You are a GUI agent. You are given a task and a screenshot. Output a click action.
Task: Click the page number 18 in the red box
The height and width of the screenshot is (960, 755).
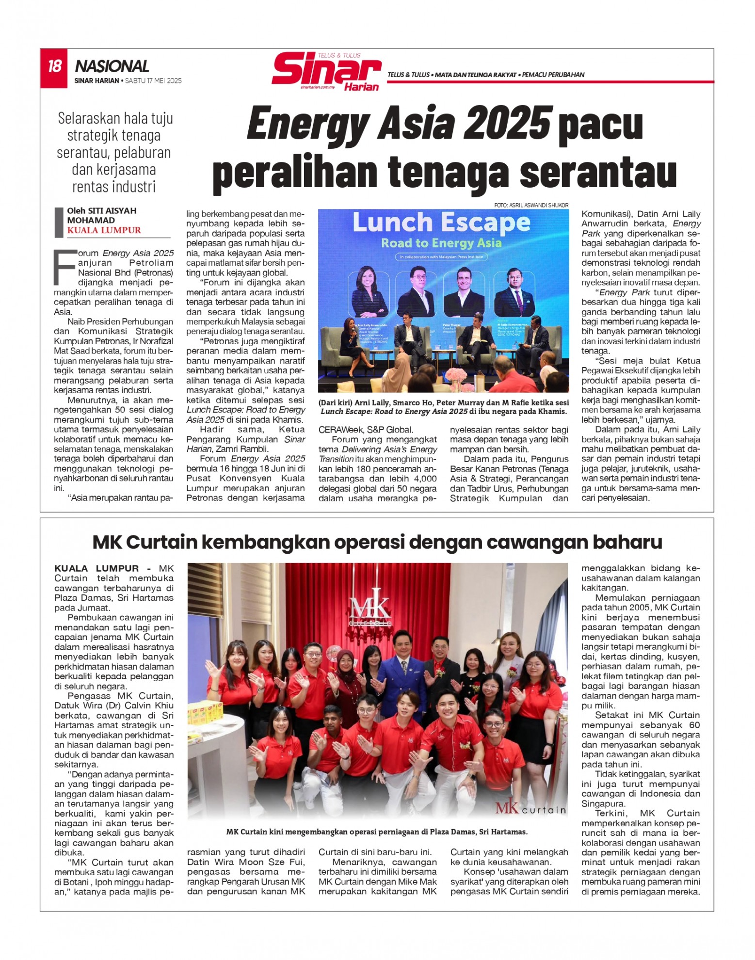click(54, 66)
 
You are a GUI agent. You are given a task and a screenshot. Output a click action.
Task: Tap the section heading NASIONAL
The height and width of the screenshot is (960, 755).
click(112, 66)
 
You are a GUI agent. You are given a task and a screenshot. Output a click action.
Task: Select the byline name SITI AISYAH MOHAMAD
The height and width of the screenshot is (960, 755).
click(101, 215)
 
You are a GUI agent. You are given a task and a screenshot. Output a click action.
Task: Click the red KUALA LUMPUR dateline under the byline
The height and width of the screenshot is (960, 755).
click(104, 230)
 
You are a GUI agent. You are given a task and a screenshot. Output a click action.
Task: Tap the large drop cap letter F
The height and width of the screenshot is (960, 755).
click(65, 267)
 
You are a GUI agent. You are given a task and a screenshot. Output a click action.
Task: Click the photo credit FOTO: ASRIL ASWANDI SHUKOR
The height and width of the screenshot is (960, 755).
click(531, 205)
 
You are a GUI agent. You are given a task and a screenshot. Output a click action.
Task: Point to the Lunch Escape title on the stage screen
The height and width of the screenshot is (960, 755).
click(441, 223)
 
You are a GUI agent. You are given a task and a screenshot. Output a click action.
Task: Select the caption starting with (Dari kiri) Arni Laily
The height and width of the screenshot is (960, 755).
click(443, 407)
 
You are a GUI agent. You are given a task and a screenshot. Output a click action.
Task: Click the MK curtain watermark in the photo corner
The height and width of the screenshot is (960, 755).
click(530, 809)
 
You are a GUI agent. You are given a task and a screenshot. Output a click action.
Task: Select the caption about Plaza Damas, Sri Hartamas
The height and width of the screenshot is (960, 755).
click(377, 832)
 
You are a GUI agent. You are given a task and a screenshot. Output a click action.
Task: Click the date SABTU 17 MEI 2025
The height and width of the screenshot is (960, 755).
click(153, 81)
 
